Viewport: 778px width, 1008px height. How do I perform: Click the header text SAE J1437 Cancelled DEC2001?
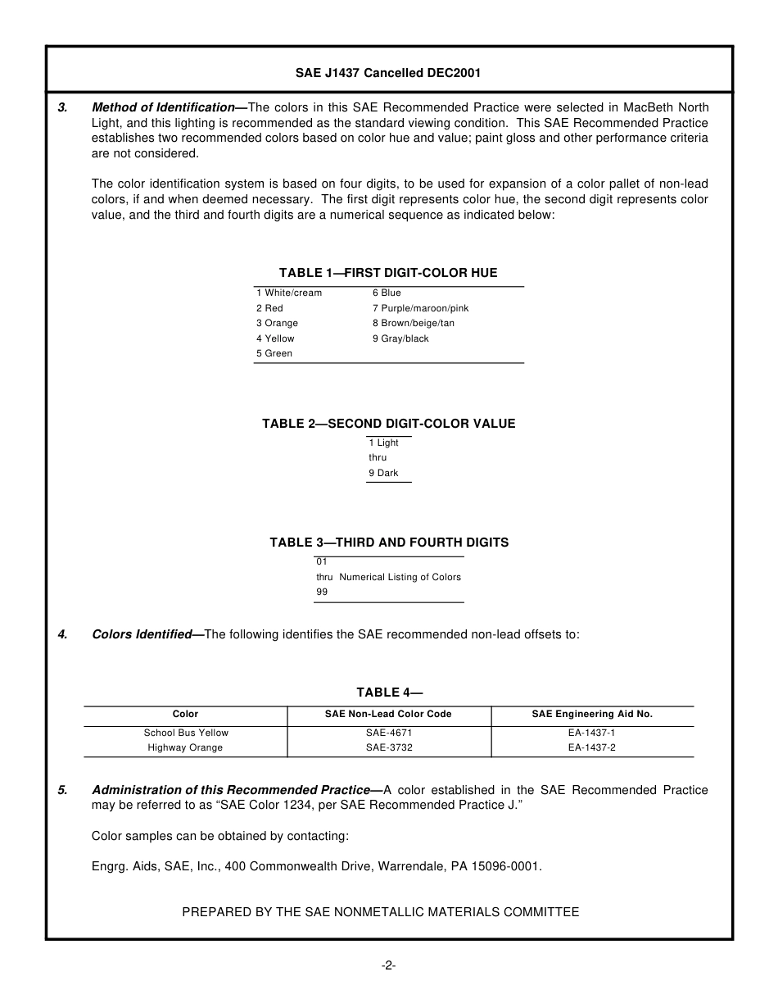[388, 73]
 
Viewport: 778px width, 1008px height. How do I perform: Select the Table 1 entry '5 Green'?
[274, 353]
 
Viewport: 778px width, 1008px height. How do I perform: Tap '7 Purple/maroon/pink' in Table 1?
[420, 308]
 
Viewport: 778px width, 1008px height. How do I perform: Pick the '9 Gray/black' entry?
[400, 338]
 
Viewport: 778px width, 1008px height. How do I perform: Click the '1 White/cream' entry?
[289, 293]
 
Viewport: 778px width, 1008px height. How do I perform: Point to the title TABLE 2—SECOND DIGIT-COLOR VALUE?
[388, 424]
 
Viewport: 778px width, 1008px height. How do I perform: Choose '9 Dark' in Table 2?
[383, 473]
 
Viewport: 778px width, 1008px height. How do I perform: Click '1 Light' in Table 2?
[383, 443]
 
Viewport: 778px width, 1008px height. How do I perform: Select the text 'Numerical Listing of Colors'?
[400, 577]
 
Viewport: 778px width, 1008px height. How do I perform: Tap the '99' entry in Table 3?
[322, 592]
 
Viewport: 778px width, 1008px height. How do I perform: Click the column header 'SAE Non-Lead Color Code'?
[388, 714]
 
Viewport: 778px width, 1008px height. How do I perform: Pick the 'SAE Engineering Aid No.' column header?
[592, 714]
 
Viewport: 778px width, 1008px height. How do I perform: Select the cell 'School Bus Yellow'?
[186, 733]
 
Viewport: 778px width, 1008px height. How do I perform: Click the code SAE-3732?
[388, 747]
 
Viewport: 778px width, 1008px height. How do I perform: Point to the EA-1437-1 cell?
[591, 733]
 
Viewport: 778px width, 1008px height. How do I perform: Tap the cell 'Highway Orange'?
[185, 747]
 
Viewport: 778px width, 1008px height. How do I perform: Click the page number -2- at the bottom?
[388, 965]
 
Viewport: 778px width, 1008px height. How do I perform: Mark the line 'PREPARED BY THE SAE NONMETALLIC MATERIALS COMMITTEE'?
[380, 911]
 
